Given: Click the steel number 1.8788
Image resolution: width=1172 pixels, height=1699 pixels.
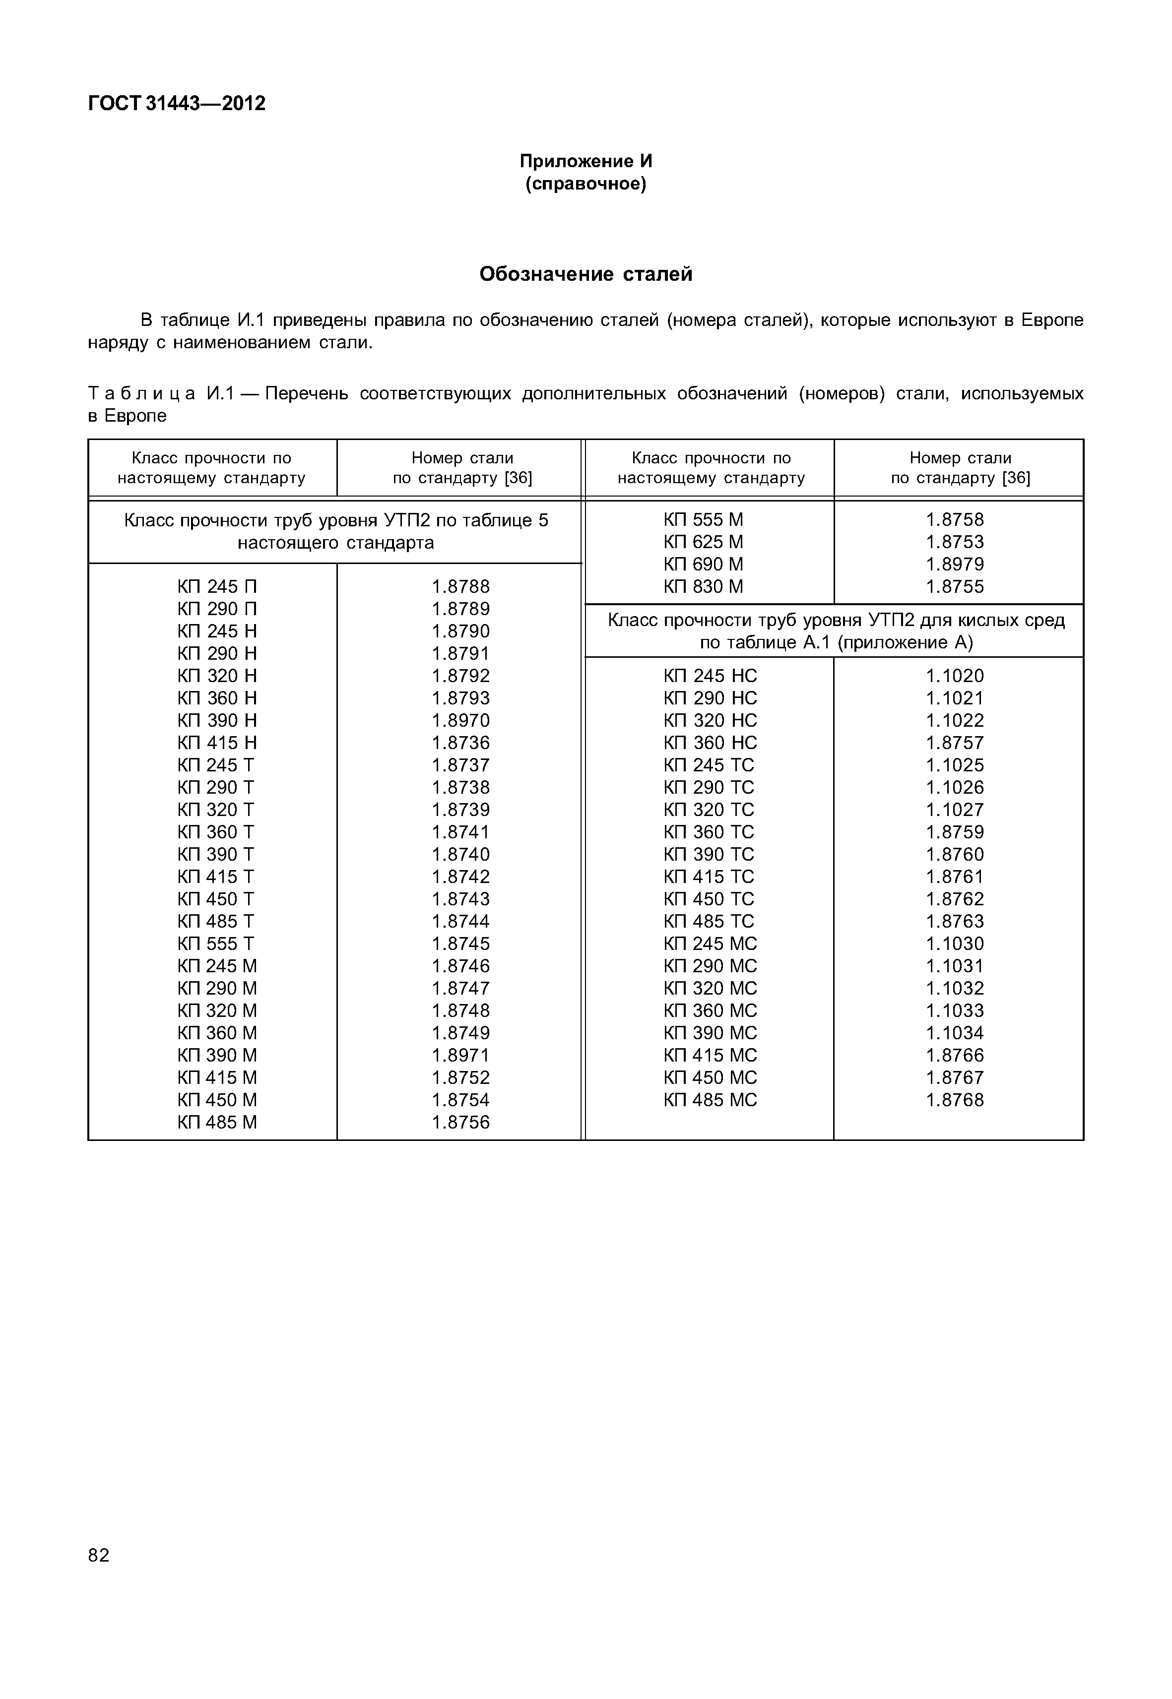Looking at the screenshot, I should [x=460, y=586].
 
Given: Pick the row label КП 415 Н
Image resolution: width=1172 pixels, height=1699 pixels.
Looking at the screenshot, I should [x=217, y=742].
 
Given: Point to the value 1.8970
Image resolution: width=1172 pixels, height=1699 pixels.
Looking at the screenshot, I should [x=460, y=720].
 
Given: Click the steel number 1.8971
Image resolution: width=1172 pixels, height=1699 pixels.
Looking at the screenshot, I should [x=460, y=1055].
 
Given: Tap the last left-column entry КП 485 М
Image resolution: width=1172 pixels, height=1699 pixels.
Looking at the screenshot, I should [x=217, y=1122].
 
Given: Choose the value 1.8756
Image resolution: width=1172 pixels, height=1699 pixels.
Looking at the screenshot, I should [x=460, y=1122].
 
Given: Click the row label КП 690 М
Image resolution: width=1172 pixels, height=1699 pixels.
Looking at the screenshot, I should [x=703, y=564].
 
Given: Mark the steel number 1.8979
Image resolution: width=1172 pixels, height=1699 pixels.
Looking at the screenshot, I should [x=955, y=564].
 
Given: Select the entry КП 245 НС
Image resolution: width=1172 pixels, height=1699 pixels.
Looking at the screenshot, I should [x=710, y=676].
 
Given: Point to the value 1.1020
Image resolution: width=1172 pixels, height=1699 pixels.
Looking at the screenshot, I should [x=955, y=676].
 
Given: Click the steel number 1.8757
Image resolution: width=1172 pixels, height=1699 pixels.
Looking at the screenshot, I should [x=955, y=742].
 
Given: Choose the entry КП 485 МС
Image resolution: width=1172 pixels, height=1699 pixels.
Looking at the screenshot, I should [x=710, y=1100].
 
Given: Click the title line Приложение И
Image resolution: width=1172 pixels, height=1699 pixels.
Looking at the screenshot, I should [x=586, y=161].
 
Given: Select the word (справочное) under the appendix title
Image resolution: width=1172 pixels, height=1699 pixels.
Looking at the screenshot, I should [x=586, y=184].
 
